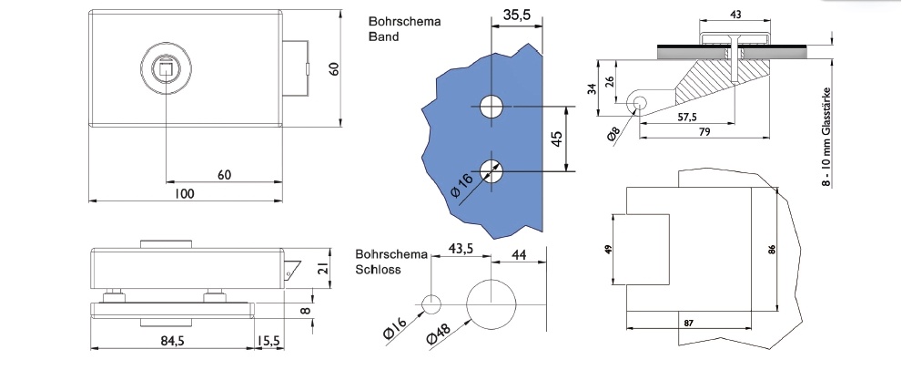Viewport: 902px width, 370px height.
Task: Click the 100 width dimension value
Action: click(x=184, y=193)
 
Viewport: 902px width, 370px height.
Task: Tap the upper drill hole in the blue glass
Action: click(x=492, y=106)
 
